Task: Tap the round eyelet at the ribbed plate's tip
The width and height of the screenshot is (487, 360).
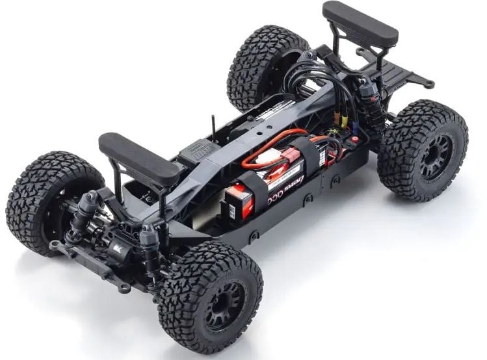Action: (429, 84)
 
